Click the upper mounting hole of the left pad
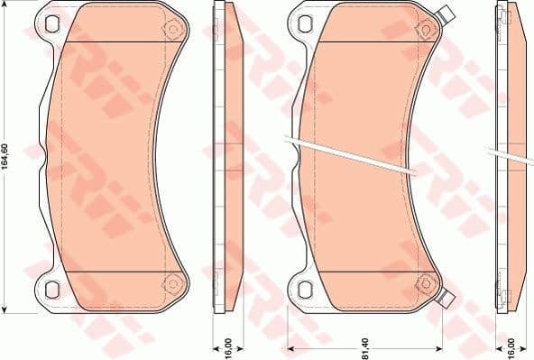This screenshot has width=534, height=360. point(51,27)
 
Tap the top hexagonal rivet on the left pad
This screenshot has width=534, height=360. point(168,31)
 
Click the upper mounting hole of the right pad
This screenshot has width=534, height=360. point(304,27)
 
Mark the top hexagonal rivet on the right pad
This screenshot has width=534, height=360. point(420,31)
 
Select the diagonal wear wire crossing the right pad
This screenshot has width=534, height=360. point(352,152)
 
